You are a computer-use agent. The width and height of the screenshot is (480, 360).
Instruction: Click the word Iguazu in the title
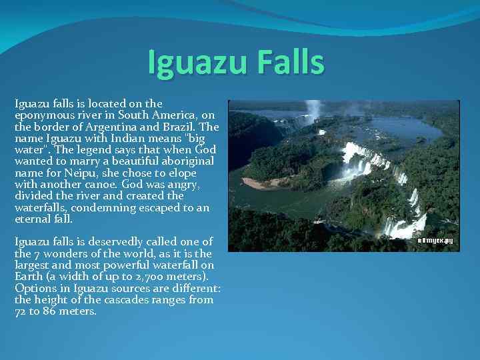(197, 63)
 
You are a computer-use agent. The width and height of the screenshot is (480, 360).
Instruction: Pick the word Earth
(29, 277)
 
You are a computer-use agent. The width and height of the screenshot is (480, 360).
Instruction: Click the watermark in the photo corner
(435, 241)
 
